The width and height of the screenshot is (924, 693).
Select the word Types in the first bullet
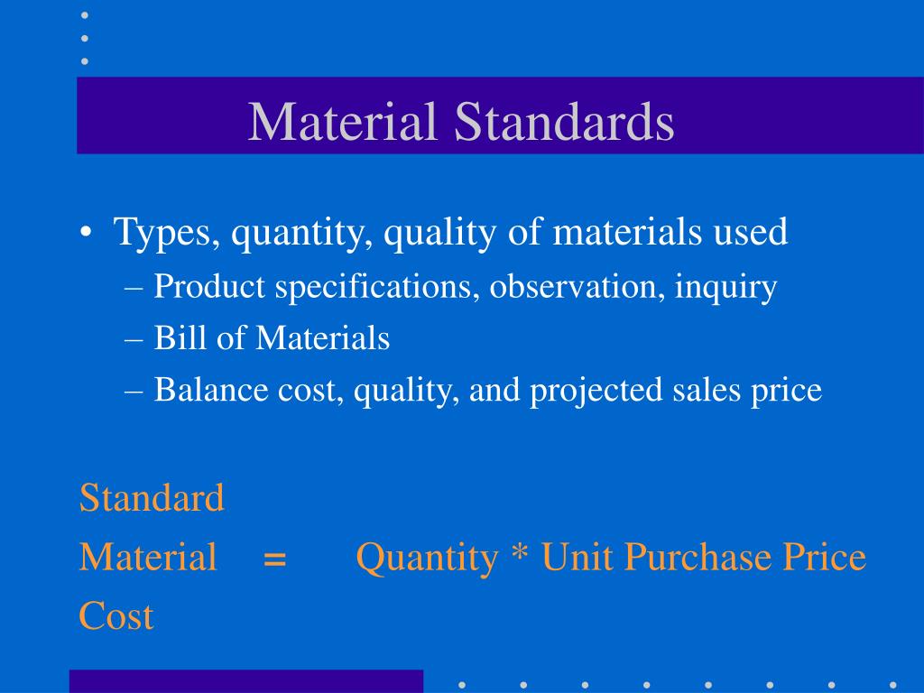tap(162, 233)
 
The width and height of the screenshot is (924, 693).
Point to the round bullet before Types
tap(85, 233)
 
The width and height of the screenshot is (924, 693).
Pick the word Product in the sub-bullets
tap(210, 287)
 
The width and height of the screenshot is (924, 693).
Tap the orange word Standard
tap(152, 497)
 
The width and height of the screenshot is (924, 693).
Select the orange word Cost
tap(116, 616)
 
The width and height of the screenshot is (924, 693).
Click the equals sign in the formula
tap(275, 559)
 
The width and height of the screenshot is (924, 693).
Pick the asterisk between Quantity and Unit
tap(519, 555)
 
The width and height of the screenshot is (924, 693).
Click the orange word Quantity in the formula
tap(426, 559)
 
